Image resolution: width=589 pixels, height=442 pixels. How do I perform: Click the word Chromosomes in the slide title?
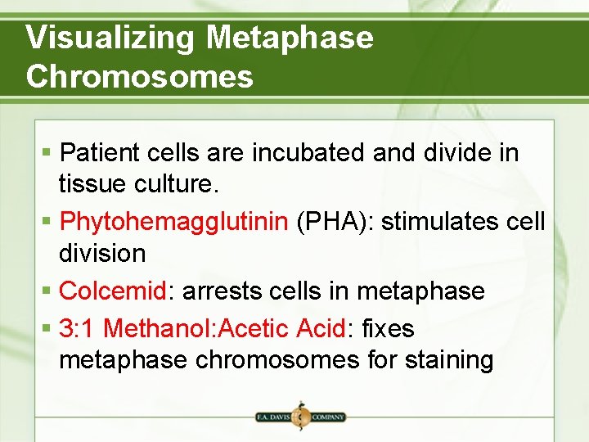coord(139,76)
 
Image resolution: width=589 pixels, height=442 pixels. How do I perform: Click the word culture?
coord(177,184)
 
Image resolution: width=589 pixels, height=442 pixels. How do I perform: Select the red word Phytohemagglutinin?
coord(174,222)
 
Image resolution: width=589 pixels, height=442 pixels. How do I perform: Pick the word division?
coord(102,254)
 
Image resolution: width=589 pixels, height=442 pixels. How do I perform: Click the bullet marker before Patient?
coord(48,153)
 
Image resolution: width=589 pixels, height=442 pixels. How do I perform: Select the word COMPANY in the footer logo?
coord(327,417)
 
